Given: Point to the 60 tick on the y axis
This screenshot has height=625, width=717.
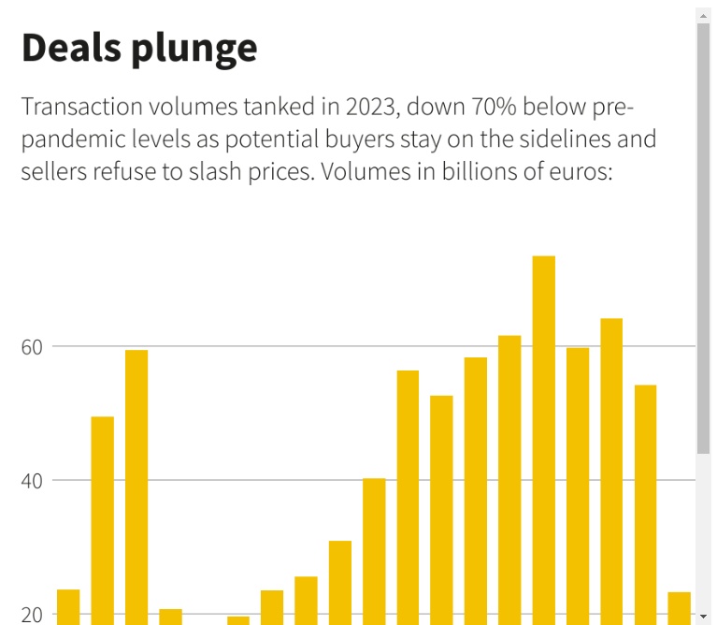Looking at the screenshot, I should click(x=33, y=347).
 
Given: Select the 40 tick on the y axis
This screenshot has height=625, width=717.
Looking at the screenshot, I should click(x=33, y=481).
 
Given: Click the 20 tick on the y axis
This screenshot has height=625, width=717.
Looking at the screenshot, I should click(x=33, y=615).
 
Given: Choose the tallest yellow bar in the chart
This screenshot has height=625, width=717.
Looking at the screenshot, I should click(x=544, y=440).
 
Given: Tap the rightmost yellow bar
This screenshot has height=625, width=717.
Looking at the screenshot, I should click(x=680, y=607).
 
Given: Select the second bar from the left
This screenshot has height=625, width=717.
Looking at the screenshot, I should click(x=103, y=520).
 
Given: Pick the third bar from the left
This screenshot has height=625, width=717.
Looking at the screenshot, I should click(x=136, y=487).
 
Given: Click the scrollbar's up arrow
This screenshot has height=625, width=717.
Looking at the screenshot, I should click(x=703, y=16).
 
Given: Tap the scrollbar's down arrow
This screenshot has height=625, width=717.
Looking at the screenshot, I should click(x=703, y=617).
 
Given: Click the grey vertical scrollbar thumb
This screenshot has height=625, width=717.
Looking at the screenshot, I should click(x=703, y=234).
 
